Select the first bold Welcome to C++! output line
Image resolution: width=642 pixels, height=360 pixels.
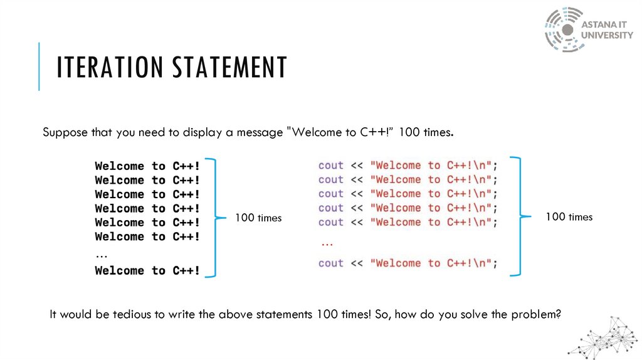coord(147,166)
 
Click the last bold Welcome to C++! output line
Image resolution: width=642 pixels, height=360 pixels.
coord(147,271)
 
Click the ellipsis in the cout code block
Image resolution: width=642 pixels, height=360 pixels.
coord(326,241)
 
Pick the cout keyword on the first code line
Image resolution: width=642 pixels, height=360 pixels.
coord(330,166)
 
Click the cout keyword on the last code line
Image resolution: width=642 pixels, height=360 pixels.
coord(330,263)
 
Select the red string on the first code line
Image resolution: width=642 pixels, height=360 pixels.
coord(432,166)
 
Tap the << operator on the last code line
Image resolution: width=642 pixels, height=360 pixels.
coord(357,263)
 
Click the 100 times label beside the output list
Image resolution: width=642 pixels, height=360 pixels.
coord(258,218)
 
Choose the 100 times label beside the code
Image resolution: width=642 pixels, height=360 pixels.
coord(569,217)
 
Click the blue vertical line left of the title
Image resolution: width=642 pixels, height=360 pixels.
coord(39,66)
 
